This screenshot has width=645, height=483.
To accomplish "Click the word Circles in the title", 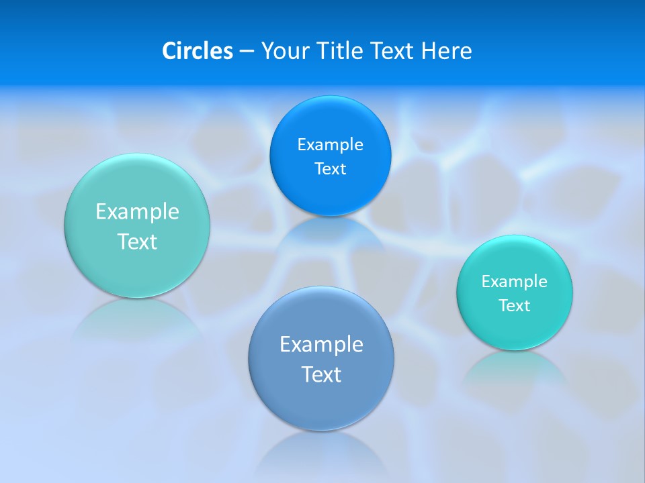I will (198, 51).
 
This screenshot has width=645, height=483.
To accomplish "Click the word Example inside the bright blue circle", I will (330, 145).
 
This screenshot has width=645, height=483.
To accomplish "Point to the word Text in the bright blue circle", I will (330, 169).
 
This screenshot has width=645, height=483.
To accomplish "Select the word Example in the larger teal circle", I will (137, 212).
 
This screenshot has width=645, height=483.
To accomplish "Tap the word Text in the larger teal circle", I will (137, 241).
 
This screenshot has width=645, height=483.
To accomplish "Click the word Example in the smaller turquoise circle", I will (515, 282).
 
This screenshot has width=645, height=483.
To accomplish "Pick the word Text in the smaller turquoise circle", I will (515, 306).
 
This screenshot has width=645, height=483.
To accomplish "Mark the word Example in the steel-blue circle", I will (321, 345).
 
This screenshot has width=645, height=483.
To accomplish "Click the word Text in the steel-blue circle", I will (321, 374).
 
